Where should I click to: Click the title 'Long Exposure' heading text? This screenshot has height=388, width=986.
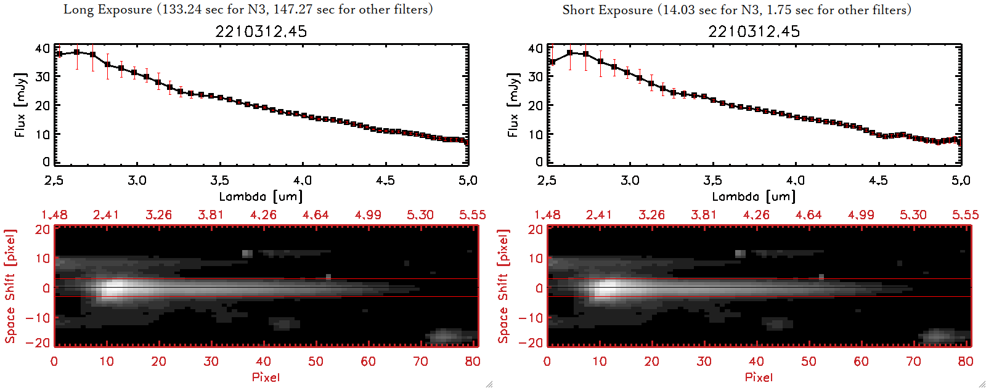pyautogui.click(x=108, y=9)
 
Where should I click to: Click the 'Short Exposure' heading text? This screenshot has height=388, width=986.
pyautogui.click(x=607, y=10)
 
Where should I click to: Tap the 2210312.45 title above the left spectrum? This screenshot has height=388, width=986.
pyautogui.click(x=261, y=31)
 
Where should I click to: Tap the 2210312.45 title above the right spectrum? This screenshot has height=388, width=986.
pyautogui.click(x=754, y=31)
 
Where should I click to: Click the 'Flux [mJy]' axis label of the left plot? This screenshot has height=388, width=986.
pyautogui.click(x=20, y=105)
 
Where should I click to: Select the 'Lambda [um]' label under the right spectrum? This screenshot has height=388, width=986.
pyautogui.click(x=754, y=196)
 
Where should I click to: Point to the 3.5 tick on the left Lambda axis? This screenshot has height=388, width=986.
pyautogui.click(x=220, y=180)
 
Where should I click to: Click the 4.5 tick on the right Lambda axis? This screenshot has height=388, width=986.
pyautogui.click(x=878, y=180)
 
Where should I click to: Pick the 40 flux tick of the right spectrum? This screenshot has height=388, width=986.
pyautogui.click(x=535, y=48)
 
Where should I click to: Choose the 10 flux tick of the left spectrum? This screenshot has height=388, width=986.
pyautogui.click(x=42, y=134)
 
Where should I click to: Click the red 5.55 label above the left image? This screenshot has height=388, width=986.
pyautogui.click(x=472, y=215)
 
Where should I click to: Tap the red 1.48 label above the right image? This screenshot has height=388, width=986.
pyautogui.click(x=547, y=215)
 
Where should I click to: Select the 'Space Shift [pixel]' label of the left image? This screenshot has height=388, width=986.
pyautogui.click(x=10, y=286)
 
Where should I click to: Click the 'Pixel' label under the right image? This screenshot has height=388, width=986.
pyautogui.click(x=759, y=377)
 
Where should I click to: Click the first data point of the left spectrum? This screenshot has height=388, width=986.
pyautogui.click(x=59, y=54)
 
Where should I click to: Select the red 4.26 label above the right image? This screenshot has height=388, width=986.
pyautogui.click(x=756, y=215)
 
